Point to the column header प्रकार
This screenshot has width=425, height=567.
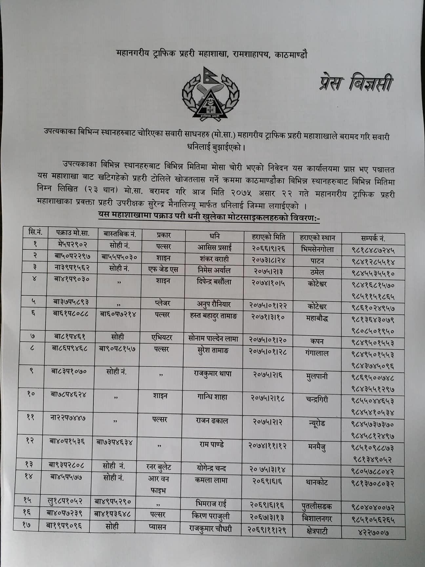click(x=163, y=235)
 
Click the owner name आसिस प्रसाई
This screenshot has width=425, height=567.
click(x=214, y=247)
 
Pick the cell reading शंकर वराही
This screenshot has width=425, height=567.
click(x=214, y=259)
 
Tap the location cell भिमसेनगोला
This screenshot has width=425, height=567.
click(x=317, y=249)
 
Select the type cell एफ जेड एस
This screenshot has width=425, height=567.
click(x=163, y=270)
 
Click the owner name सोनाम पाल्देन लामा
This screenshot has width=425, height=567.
click(x=213, y=338)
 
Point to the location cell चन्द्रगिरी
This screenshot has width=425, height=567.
click(x=316, y=400)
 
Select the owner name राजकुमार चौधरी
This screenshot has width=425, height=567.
click(x=211, y=529)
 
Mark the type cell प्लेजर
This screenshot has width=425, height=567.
click(x=163, y=303)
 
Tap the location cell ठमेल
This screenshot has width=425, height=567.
click(x=317, y=272)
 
